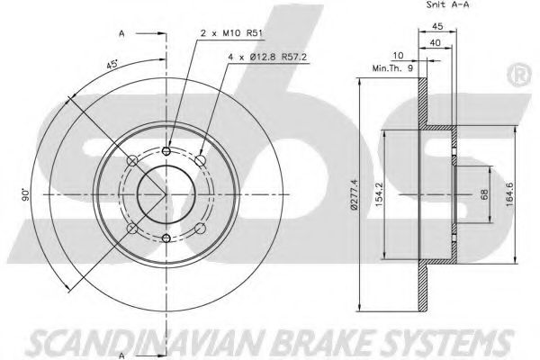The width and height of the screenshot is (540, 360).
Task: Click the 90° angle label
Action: pyautogui.click(x=28, y=193)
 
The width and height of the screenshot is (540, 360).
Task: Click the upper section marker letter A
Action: pyautogui.click(x=121, y=35)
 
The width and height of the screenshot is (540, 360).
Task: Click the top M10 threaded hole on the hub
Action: pyautogui.click(x=168, y=150)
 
